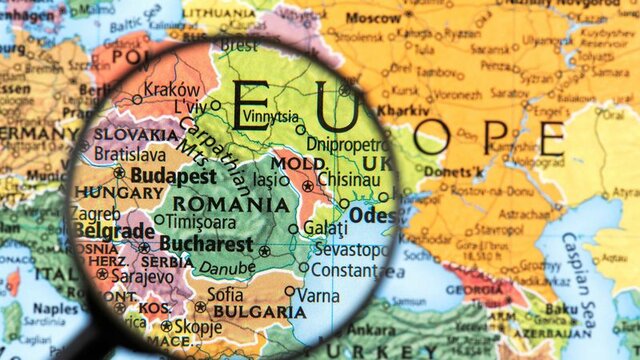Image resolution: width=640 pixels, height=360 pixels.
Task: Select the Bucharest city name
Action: point(205,243)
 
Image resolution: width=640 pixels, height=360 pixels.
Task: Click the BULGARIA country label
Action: point(259,312)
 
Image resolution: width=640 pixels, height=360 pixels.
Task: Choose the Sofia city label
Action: point(225,294)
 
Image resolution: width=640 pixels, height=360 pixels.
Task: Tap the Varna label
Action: point(319,295)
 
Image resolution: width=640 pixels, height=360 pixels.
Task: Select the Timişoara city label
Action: point(202,222)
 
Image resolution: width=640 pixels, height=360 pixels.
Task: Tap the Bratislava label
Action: point(130,155)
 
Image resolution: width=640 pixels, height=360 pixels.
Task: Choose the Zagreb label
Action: point(95,214)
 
